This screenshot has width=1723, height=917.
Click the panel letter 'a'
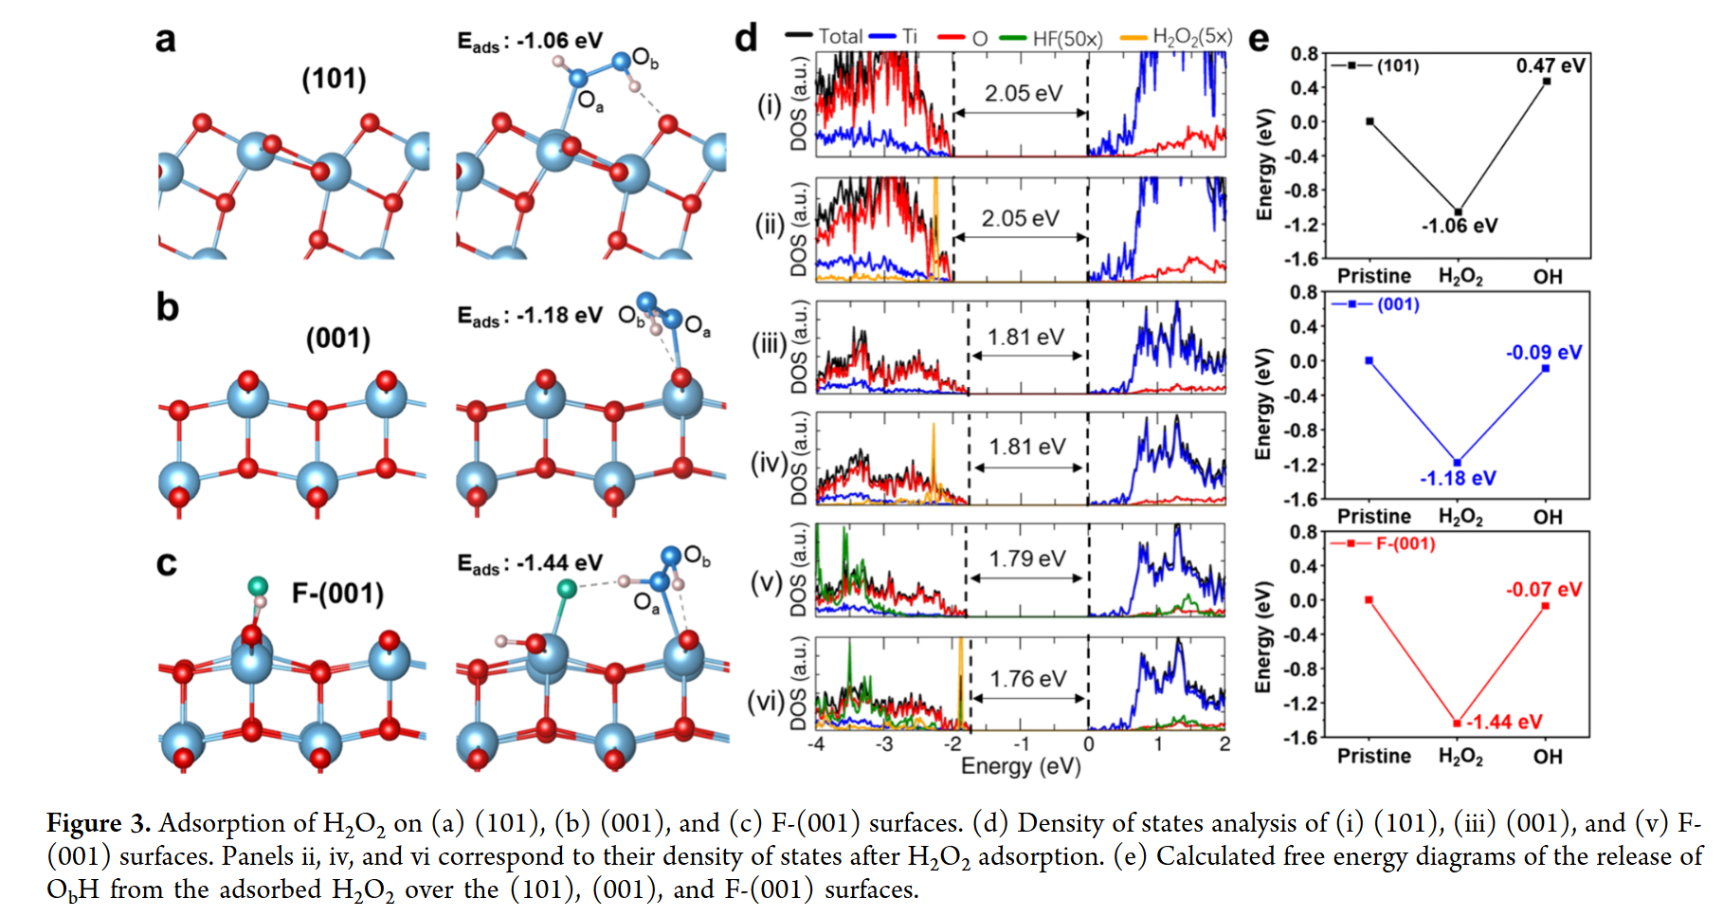pyautogui.click(x=166, y=40)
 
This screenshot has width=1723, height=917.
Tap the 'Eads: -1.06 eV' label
pyautogui.click(x=529, y=41)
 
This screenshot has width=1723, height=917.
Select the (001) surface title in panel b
pyautogui.click(x=337, y=339)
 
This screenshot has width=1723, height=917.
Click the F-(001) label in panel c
pyautogui.click(x=337, y=594)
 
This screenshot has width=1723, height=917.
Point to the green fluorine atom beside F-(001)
pyautogui.click(x=258, y=586)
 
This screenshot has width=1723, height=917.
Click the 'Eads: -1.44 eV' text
pyautogui.click(x=529, y=563)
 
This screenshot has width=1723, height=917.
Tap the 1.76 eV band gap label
pyautogui.click(x=1028, y=679)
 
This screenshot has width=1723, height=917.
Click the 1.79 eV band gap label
pyautogui.click(x=1027, y=559)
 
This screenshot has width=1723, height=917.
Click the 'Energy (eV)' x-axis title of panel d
pyautogui.click(x=1021, y=765)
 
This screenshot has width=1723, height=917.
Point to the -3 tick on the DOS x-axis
pyautogui.click(x=883, y=744)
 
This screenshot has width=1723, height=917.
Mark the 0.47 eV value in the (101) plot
pyautogui.click(x=1551, y=65)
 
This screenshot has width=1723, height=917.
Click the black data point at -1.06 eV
pyautogui.click(x=1459, y=211)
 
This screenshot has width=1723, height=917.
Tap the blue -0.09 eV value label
pyautogui.click(x=1544, y=353)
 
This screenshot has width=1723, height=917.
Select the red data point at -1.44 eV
pyautogui.click(x=1457, y=723)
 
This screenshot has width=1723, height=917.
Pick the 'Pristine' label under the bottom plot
pyautogui.click(x=1374, y=756)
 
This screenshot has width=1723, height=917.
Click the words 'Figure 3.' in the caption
pyautogui.click(x=99, y=823)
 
